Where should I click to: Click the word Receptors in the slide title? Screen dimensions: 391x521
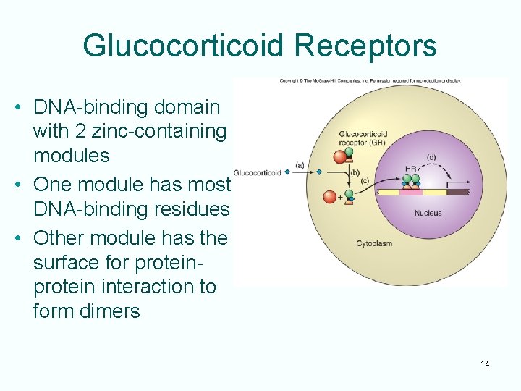[365, 45]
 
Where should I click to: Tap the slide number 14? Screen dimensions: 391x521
[484, 363]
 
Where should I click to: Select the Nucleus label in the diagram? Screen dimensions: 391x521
[428, 214]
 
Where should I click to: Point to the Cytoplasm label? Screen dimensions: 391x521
[374, 243]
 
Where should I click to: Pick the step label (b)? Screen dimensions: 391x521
[355, 172]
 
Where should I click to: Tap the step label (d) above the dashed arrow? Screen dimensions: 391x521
[431, 157]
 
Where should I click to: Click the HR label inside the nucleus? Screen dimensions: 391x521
[411, 169]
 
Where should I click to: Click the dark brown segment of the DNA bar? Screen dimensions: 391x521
[457, 193]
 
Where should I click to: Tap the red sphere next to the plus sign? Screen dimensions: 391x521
[330, 196]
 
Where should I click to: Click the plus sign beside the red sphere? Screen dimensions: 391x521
[340, 197]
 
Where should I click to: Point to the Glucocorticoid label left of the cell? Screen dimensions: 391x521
[257, 172]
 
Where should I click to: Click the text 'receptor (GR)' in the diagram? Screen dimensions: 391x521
[362, 143]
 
